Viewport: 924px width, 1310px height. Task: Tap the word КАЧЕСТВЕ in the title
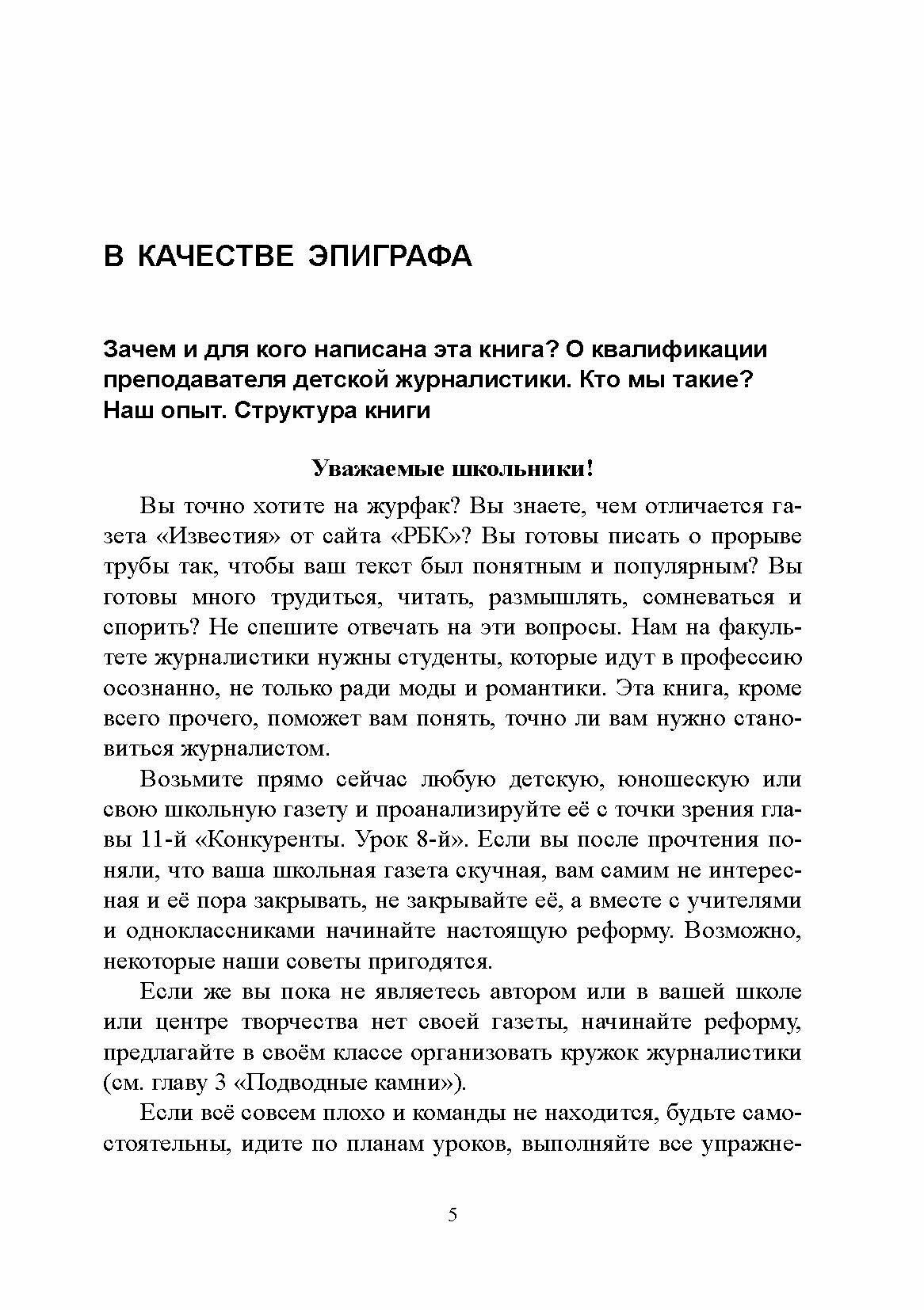coord(214,257)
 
